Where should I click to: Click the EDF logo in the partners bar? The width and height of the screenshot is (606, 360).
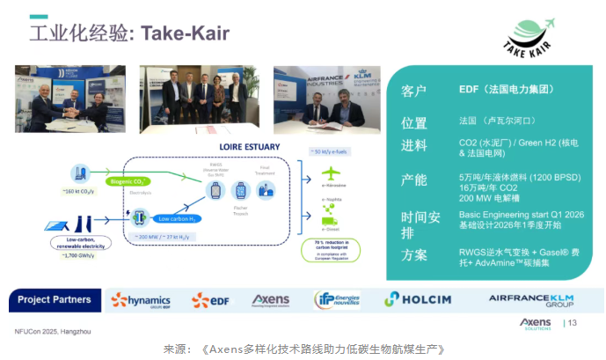(x=211, y=300)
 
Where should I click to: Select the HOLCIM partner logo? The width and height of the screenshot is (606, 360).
(x=418, y=299)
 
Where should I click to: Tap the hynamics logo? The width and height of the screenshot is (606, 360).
(x=141, y=300)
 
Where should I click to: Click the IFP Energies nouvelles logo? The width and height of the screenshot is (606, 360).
(x=336, y=300)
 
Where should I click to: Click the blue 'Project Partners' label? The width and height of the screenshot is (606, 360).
(x=54, y=300)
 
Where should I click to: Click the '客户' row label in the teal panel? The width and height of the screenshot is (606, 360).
(x=413, y=90)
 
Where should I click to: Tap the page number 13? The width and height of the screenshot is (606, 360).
(x=573, y=324)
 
